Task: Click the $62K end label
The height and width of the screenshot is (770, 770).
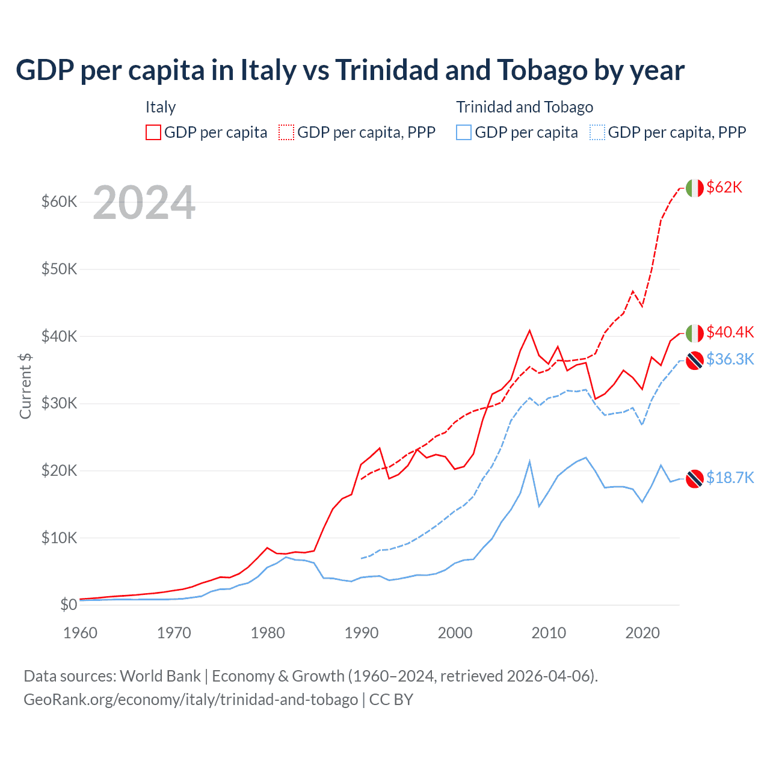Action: coord(724,187)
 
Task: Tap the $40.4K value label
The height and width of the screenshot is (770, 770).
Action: coord(730,332)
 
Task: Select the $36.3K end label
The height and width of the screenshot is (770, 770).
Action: coord(730,359)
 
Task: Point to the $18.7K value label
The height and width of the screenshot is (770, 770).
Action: coord(730,478)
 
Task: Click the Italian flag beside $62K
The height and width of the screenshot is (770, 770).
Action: coord(695,188)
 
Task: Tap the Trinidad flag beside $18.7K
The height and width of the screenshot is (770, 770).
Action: coord(695,478)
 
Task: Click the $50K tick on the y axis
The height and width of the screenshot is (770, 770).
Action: coord(59,269)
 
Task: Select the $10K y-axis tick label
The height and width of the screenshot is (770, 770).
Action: coord(59,538)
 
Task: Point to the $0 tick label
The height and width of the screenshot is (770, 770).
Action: coord(68,605)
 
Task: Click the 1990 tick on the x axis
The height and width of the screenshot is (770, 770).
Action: coord(362,633)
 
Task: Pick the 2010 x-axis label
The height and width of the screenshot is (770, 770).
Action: coord(549,633)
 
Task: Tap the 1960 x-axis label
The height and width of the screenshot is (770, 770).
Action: coord(80,633)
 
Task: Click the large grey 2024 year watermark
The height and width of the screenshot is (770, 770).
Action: coord(144,203)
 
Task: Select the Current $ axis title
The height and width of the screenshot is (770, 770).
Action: coord(25,386)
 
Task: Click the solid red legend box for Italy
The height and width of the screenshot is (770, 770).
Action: coord(153,132)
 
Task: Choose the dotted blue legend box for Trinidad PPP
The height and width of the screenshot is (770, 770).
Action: coord(597,132)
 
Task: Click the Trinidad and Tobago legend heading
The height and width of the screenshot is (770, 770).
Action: coord(525,107)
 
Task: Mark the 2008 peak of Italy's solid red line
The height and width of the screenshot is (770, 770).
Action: coord(529,330)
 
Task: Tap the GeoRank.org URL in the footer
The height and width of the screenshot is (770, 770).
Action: coord(191,700)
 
